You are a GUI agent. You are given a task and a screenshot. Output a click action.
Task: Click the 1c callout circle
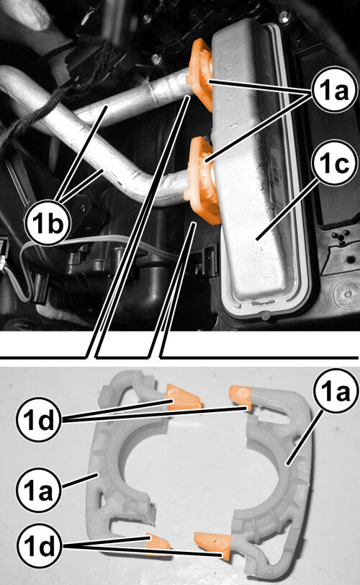[335, 164]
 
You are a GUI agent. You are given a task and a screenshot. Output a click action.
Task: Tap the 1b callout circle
[48, 223]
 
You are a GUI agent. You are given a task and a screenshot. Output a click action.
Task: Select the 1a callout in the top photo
[335, 89]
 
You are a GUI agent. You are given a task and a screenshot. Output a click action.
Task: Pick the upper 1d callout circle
[38, 419]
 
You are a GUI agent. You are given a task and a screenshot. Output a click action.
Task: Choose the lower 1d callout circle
[38, 546]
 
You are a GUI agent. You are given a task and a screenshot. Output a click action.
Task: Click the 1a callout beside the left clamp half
[38, 489]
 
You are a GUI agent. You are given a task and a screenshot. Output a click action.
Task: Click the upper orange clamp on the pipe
[200, 75]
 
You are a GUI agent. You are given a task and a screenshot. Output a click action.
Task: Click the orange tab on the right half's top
[240, 396]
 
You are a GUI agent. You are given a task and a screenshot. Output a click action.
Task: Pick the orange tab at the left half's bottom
[158, 543]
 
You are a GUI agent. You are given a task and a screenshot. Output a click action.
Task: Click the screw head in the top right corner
[285, 16]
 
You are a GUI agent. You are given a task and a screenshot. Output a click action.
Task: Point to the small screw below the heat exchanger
[265, 316]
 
